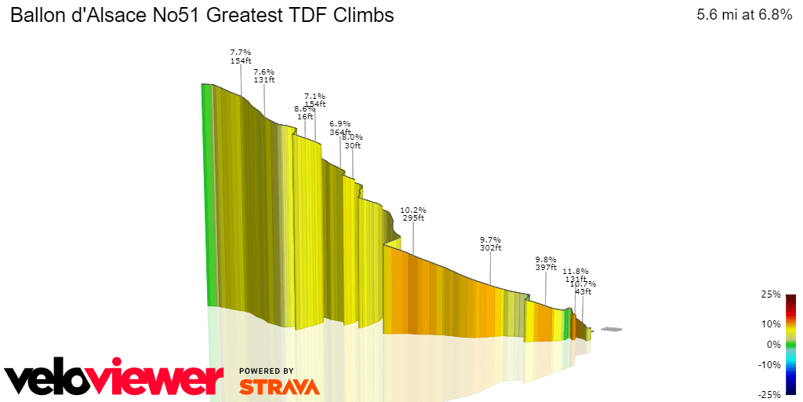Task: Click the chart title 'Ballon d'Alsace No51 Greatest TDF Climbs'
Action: [202, 16]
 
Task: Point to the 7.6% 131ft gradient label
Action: [264, 75]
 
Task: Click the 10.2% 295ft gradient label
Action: [413, 214]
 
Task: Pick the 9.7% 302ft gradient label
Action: [491, 243]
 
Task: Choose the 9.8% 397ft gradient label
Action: [546, 263]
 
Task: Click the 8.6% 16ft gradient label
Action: [304, 112]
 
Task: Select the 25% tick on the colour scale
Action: [771, 295]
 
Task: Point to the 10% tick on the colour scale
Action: [771, 323]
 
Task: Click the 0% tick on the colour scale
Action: [774, 344]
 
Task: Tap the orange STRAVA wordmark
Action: [279, 387]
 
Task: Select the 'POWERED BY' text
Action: [267, 371]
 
